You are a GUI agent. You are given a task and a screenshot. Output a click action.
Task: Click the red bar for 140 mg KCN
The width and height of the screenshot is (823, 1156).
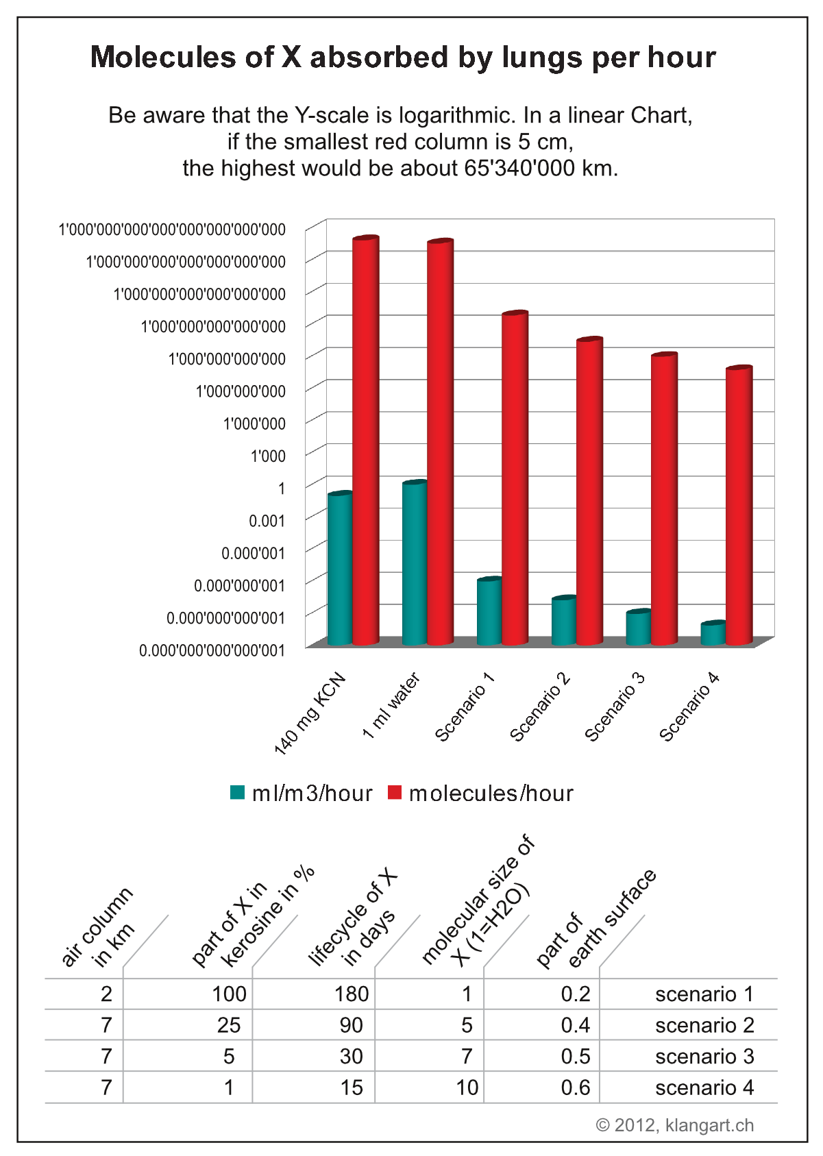click(366, 439)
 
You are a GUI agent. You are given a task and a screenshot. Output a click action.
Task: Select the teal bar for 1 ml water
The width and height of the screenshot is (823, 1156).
click(415, 562)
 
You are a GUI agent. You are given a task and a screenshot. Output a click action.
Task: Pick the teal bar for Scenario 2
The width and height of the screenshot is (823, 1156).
click(564, 621)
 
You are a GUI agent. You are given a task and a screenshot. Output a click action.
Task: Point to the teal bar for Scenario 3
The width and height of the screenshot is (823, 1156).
click(639, 627)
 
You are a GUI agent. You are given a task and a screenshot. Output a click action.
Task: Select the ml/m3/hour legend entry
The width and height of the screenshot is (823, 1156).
click(302, 793)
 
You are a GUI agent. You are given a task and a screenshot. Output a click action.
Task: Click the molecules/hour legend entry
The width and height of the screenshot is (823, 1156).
click(480, 793)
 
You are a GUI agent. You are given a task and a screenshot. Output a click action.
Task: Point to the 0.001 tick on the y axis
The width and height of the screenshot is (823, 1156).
click(267, 521)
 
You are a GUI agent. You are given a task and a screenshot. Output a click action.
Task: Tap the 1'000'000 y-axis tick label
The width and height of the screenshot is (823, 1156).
click(254, 423)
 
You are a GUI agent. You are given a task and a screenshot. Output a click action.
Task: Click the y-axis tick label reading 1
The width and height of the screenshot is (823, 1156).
click(281, 488)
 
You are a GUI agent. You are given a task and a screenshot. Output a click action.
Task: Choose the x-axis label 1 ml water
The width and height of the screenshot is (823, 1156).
click(391, 706)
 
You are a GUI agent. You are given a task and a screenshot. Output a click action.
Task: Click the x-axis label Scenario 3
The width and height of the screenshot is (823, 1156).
click(615, 707)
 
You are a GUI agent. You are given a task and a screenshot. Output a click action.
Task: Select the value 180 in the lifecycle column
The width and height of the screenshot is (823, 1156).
click(351, 994)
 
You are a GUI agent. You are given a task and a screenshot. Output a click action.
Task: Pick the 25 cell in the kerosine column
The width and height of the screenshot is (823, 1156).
click(228, 1025)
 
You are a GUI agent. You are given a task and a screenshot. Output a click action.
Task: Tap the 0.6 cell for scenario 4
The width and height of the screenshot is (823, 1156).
click(575, 1087)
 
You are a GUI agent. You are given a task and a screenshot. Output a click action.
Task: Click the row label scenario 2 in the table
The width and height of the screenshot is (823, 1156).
click(704, 1025)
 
